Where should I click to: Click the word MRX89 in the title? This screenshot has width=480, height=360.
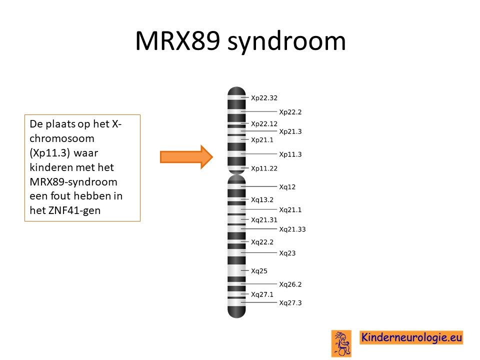click(x=177, y=40)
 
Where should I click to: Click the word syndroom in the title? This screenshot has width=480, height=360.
click(x=287, y=41)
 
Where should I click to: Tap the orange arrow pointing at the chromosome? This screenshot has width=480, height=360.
click(x=186, y=157)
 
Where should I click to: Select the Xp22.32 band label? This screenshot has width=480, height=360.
click(x=264, y=98)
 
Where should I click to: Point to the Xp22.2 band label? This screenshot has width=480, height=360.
click(x=290, y=112)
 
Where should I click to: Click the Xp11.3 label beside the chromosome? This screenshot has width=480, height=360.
click(x=290, y=154)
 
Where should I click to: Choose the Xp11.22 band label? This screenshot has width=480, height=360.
click(x=264, y=168)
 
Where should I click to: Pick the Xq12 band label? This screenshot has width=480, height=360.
click(x=287, y=187)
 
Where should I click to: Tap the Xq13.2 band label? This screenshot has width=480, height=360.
click(x=262, y=200)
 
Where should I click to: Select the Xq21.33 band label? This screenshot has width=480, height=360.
click(x=292, y=229)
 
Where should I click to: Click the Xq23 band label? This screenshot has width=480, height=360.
click(x=287, y=253)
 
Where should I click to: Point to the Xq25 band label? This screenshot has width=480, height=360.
click(x=259, y=271)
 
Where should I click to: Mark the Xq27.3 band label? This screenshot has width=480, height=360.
click(x=290, y=303)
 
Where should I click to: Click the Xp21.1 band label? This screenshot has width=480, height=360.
click(x=262, y=140)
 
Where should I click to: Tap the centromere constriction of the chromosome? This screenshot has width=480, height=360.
click(x=236, y=174)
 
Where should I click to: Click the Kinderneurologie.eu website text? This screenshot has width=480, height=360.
click(x=411, y=337)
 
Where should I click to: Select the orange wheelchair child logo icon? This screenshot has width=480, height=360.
click(x=341, y=343)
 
